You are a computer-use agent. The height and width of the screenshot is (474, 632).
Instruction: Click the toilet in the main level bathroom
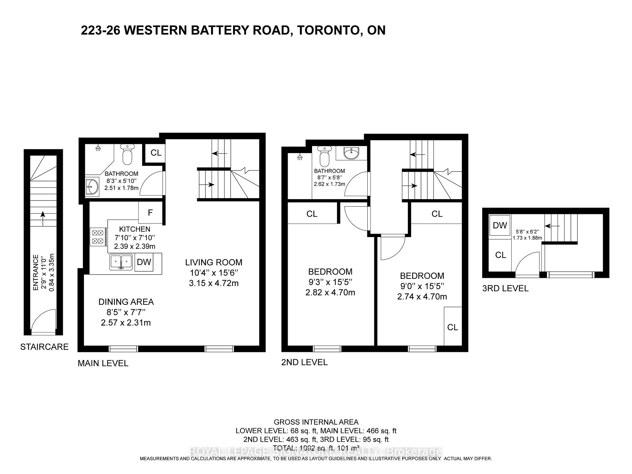126,155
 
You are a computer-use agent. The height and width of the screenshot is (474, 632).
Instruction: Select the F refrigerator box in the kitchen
150,213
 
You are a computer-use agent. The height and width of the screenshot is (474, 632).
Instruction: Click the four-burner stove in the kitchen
98,237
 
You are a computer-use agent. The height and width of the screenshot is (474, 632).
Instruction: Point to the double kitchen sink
121,262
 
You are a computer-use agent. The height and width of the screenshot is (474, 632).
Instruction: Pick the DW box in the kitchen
144,262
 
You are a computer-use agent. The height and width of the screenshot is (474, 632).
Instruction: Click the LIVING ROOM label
214,262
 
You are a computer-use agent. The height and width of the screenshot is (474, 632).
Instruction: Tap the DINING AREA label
126,302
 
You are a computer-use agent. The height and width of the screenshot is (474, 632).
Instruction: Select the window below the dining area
123,349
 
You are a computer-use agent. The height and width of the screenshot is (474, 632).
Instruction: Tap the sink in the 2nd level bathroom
351,153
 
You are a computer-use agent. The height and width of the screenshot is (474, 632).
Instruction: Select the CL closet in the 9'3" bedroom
312,214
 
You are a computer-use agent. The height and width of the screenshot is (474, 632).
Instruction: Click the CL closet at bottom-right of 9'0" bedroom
453,327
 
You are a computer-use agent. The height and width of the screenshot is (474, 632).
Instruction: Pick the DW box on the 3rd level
500,225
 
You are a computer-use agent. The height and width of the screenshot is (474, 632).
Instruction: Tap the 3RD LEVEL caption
505,288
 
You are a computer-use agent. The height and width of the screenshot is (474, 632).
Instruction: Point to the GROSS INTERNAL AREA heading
316,422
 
